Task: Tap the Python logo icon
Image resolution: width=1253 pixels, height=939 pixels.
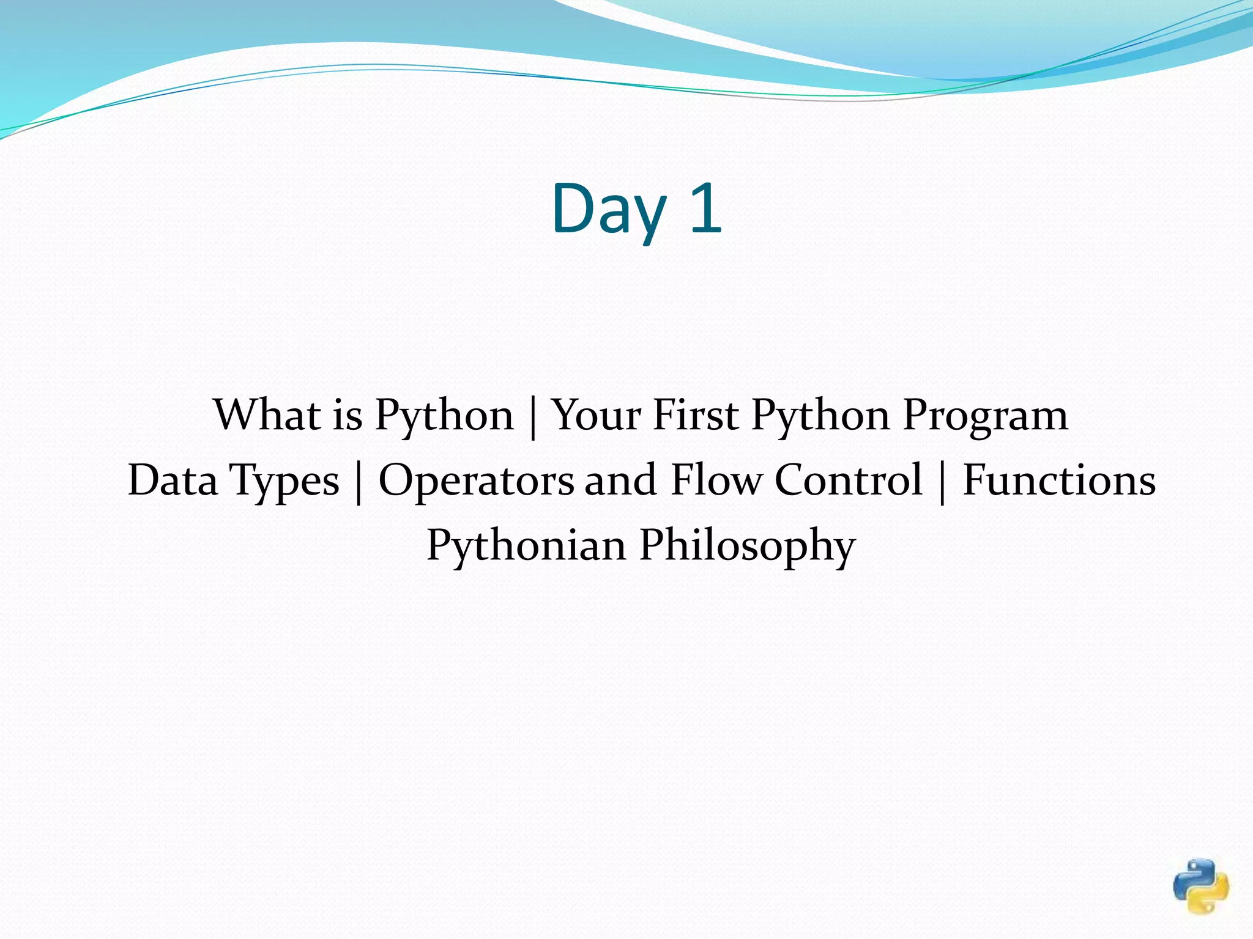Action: pos(1201,886)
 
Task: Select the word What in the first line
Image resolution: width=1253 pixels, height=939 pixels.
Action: pos(267,416)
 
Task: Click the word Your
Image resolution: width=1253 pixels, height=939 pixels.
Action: pos(596,416)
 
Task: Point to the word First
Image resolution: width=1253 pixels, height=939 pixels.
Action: pos(696,416)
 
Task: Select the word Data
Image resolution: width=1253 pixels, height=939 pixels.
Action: pos(173,481)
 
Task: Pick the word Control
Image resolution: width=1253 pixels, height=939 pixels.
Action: pos(849,481)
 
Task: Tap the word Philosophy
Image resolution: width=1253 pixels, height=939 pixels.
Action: pos(747,546)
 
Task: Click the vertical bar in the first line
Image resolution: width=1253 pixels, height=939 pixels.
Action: pos(533,418)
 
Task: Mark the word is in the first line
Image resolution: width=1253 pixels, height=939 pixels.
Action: pos(348,416)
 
